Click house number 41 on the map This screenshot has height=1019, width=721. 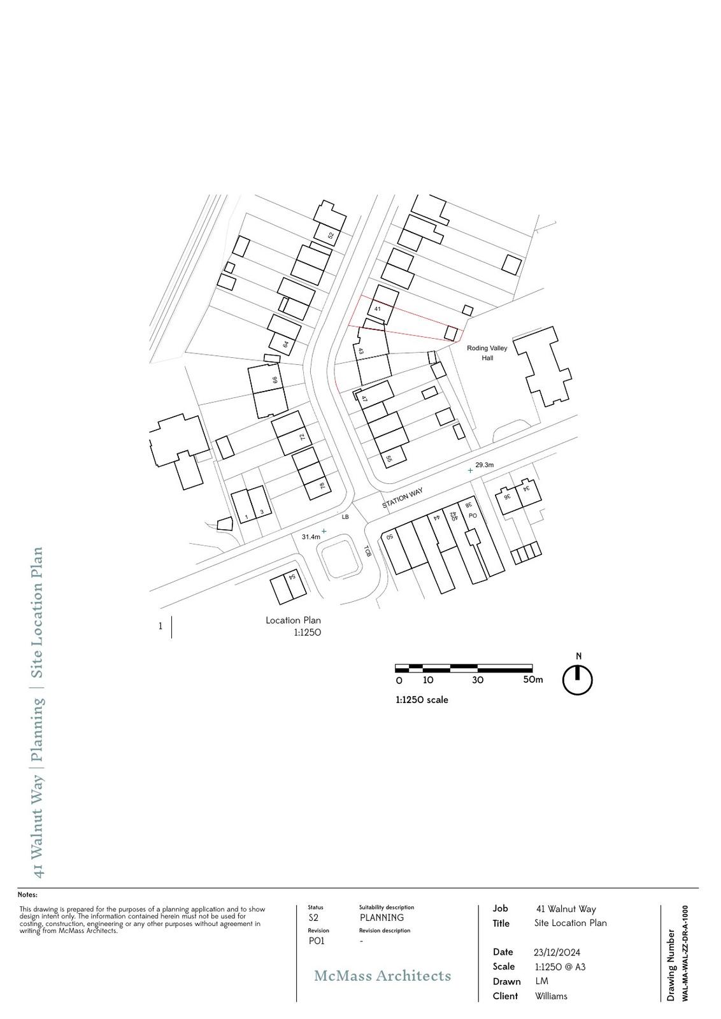pyautogui.click(x=377, y=308)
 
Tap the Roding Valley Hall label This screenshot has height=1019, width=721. pyautogui.click(x=487, y=353)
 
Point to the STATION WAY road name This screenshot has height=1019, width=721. pyautogui.click(x=403, y=497)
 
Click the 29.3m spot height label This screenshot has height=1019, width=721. pyautogui.click(x=485, y=465)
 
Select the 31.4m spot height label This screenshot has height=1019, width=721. pyautogui.click(x=311, y=537)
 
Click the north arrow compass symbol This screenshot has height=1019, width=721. pyautogui.click(x=578, y=680)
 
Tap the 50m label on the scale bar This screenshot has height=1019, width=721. pyautogui.click(x=533, y=680)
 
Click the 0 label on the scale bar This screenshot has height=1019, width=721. pyautogui.click(x=399, y=681)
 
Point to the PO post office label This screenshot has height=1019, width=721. pyautogui.click(x=473, y=515)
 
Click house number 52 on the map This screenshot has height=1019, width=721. pyautogui.click(x=331, y=236)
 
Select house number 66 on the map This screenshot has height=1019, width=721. pyautogui.click(x=275, y=380)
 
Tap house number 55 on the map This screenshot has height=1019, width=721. pyautogui.click(x=389, y=459)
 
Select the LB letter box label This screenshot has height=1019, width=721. pyautogui.click(x=345, y=517)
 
